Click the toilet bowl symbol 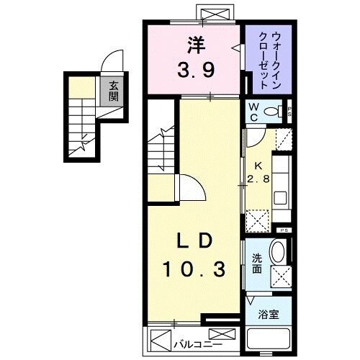(x=272, y=111)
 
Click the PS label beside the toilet (x=289, y=111)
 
